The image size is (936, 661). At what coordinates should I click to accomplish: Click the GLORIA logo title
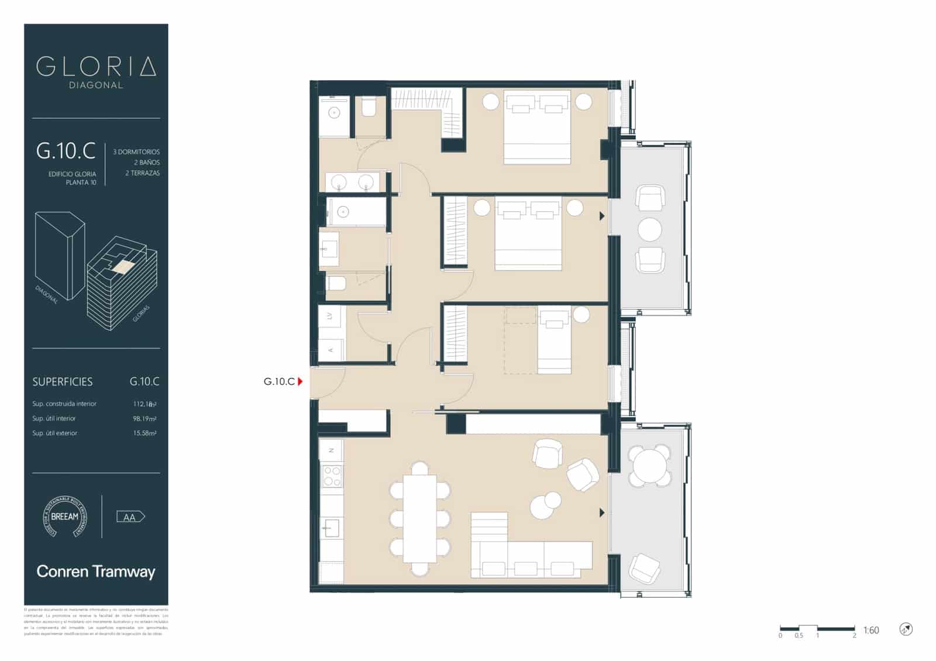pos(96,67)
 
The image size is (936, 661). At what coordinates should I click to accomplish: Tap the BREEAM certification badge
pos(64,517)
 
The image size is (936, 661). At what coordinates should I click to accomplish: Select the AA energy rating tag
pos(130,517)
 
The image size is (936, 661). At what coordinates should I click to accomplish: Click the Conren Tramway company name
pos(96,572)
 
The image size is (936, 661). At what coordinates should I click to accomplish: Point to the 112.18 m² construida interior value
pos(144,404)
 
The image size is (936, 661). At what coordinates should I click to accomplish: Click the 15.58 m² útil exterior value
pos(144,433)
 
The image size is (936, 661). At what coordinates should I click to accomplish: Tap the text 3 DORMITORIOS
pos(136,152)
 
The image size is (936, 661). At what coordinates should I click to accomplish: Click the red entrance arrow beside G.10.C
pos(300,382)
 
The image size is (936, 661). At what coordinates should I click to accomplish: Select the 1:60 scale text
pos(871,631)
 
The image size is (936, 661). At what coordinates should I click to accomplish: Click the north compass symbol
pos(906,629)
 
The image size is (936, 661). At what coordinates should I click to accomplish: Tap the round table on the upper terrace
pos(649,230)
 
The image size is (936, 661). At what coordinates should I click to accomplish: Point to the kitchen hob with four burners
pos(332,476)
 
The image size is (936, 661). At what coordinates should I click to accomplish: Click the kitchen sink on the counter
pos(331,528)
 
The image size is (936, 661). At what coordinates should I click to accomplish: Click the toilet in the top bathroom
pos(369,108)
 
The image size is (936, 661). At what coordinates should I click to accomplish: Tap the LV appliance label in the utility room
pos(330,316)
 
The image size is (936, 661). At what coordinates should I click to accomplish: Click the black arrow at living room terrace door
pos(602,513)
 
